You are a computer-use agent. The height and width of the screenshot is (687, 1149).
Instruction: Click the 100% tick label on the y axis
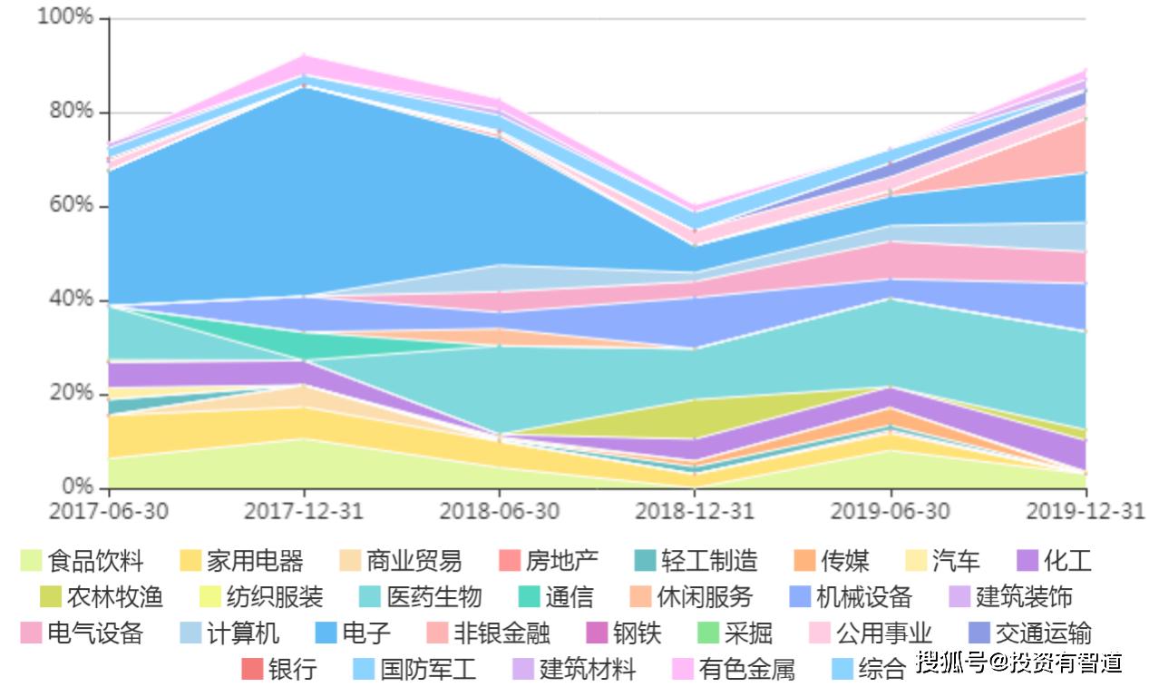(66, 17)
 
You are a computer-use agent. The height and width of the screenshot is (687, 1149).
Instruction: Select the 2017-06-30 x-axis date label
(109, 511)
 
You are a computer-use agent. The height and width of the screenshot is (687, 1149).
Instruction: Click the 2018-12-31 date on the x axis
(694, 511)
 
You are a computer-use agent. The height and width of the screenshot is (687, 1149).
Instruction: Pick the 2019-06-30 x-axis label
(890, 511)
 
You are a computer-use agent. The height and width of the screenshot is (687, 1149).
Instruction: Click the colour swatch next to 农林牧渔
(50, 597)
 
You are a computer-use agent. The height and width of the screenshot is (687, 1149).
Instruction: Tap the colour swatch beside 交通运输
(979, 633)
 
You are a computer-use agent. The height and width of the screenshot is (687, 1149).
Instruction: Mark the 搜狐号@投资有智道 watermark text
(1019, 662)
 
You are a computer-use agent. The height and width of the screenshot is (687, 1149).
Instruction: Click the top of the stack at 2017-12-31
(305, 56)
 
